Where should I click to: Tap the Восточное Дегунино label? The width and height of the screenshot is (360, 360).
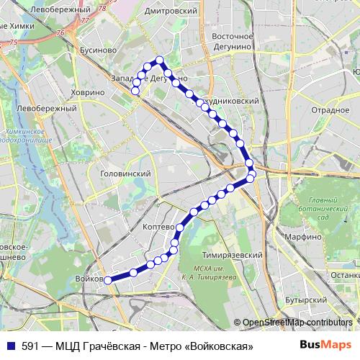(233, 41)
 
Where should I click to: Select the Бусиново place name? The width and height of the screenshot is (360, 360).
(95, 50)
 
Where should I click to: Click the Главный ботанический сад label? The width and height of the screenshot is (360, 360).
(314, 208)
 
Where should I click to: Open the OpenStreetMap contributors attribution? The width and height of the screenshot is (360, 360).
(297, 323)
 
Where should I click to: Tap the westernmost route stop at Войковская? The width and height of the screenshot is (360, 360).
(107, 280)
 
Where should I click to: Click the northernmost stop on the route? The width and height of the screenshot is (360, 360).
(160, 60)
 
